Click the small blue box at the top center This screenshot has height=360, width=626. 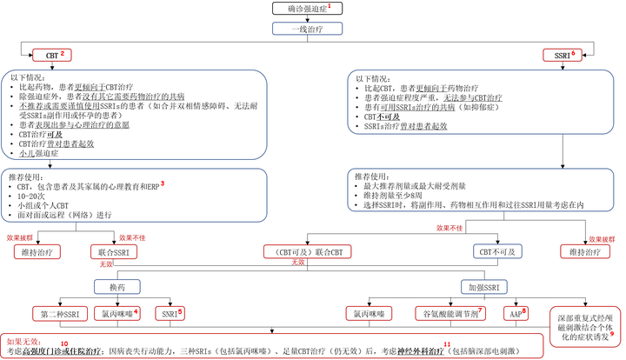point(308,29)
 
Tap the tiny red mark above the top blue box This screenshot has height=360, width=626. point(329,7)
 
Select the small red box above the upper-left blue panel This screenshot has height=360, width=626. point(52,55)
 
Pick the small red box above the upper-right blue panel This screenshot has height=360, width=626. point(562,55)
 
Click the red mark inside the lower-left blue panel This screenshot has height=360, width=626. point(163,183)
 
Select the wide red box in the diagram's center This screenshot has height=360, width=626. point(307,251)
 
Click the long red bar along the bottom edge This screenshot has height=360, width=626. point(272,345)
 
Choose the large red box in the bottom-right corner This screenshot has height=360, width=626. point(585,325)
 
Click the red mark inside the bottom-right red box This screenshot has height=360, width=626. point(611,335)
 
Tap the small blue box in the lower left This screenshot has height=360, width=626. point(117,287)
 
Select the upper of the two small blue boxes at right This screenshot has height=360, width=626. point(497,251)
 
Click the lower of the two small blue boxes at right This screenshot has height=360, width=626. point(483,287)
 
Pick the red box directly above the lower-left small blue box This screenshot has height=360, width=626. point(113,251)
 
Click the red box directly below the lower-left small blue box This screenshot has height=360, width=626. point(117,313)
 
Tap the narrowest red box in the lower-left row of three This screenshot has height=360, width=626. point(170,313)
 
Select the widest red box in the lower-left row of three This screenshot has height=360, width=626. point(60,313)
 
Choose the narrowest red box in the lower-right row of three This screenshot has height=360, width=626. point(516,313)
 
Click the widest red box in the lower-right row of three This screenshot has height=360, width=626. point(450,313)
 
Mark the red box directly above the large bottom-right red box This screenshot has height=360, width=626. point(584,251)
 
